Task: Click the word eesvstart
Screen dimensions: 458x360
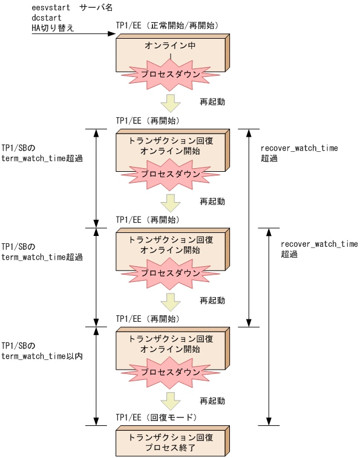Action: click(x=51, y=8)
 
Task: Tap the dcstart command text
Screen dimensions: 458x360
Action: click(x=47, y=18)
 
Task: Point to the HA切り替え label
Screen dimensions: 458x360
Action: click(x=53, y=27)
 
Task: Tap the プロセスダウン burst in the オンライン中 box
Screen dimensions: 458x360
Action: click(x=171, y=74)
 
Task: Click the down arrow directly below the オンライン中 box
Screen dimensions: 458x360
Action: click(x=171, y=102)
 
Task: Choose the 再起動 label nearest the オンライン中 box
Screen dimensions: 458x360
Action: click(x=212, y=102)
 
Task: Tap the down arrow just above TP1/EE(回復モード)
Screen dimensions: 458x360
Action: click(x=171, y=401)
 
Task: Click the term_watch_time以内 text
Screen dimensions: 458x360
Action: click(x=42, y=356)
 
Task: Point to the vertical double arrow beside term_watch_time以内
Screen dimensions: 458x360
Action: click(x=96, y=376)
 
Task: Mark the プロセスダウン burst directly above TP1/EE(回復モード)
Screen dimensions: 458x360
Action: click(x=171, y=373)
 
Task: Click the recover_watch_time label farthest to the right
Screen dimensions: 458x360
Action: click(x=319, y=244)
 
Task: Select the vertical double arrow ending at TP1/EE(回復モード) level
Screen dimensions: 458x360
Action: click(x=268, y=327)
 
